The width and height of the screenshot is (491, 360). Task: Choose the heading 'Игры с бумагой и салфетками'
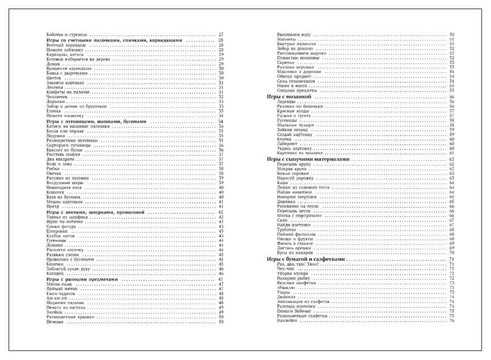(306, 260)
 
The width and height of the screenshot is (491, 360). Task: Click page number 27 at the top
(221, 35)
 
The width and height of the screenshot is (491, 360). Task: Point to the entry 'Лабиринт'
(287, 143)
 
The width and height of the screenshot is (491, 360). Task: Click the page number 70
(451, 252)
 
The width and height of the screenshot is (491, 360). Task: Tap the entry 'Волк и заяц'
(59, 164)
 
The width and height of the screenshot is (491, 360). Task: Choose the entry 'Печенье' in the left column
(55, 322)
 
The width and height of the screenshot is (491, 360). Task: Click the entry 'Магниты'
(287, 39)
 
